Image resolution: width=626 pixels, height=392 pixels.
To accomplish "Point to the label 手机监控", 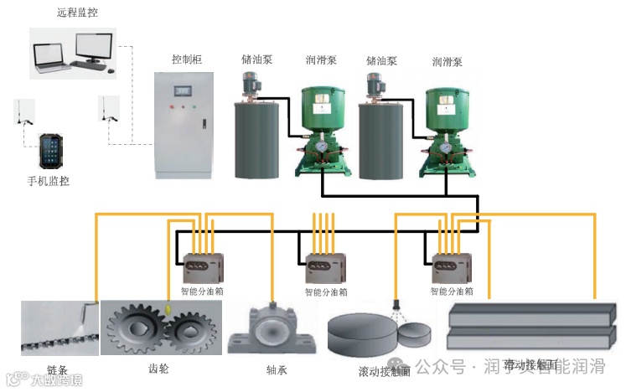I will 48,180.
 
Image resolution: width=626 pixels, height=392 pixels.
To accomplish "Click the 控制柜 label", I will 187,59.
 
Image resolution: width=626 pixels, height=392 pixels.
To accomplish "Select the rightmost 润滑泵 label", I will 448,61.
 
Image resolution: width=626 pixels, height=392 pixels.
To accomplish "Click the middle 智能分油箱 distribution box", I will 323,269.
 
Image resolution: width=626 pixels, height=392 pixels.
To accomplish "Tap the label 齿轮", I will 157,368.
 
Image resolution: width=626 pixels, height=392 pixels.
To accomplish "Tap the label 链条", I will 57,369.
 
